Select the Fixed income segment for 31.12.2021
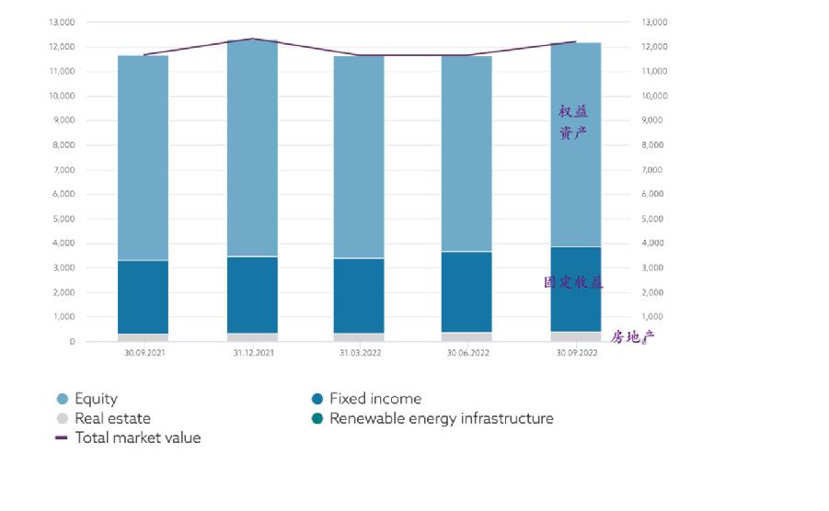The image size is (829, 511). [252, 294]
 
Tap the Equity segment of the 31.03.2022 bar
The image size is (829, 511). [359, 157]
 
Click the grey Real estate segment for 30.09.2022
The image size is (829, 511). [575, 336]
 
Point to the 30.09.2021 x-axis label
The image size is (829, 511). [143, 353]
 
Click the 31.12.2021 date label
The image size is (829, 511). [252, 353]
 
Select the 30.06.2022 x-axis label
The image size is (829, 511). [466, 353]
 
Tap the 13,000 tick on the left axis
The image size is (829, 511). [60, 22]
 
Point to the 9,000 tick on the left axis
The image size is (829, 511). [62, 120]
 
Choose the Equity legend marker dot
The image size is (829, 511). [63, 399]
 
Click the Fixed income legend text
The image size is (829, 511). [375, 399]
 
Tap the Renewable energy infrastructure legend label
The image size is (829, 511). [442, 418]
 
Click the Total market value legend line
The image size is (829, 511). [62, 437]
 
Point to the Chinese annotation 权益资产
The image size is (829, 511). [573, 122]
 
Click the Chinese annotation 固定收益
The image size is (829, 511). [573, 283]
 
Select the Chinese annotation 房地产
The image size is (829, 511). [632, 336]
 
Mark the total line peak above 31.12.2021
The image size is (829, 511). [252, 40]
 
